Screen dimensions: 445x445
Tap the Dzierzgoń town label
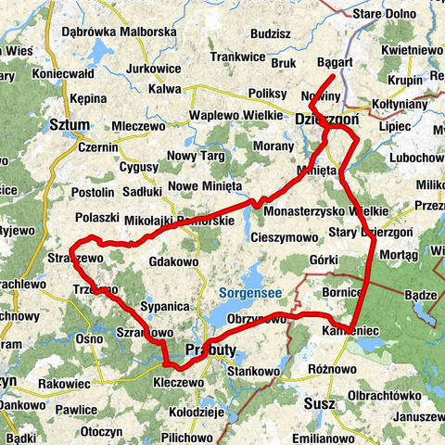click(x=325, y=120)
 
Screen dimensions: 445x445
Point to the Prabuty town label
click(x=211, y=350)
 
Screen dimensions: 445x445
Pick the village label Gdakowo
click(x=173, y=262)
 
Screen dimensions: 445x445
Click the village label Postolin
click(x=93, y=192)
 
